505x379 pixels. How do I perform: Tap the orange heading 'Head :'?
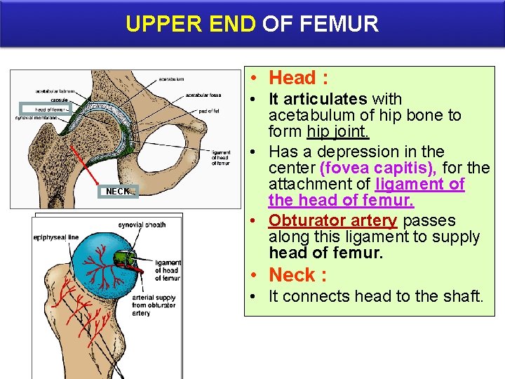click(x=299, y=77)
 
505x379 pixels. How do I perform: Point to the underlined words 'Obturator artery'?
click(x=333, y=220)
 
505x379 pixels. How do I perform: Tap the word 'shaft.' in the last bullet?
click(x=462, y=296)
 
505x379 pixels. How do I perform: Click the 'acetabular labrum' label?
click(x=55, y=91)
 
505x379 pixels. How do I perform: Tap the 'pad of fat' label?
click(x=210, y=111)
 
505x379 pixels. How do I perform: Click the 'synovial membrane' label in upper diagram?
click(x=37, y=118)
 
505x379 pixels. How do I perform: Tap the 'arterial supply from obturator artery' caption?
click(x=154, y=305)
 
